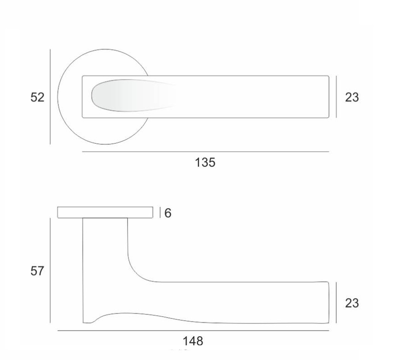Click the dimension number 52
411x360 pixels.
37,97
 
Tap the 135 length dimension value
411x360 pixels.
205,162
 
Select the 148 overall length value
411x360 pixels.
193,341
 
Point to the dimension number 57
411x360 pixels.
37,271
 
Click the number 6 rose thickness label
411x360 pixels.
168,213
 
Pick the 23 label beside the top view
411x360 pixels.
352,97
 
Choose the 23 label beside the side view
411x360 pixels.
352,303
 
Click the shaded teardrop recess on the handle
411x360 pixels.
131,95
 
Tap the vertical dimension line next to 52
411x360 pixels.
50,97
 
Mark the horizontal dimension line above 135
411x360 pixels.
205,152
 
